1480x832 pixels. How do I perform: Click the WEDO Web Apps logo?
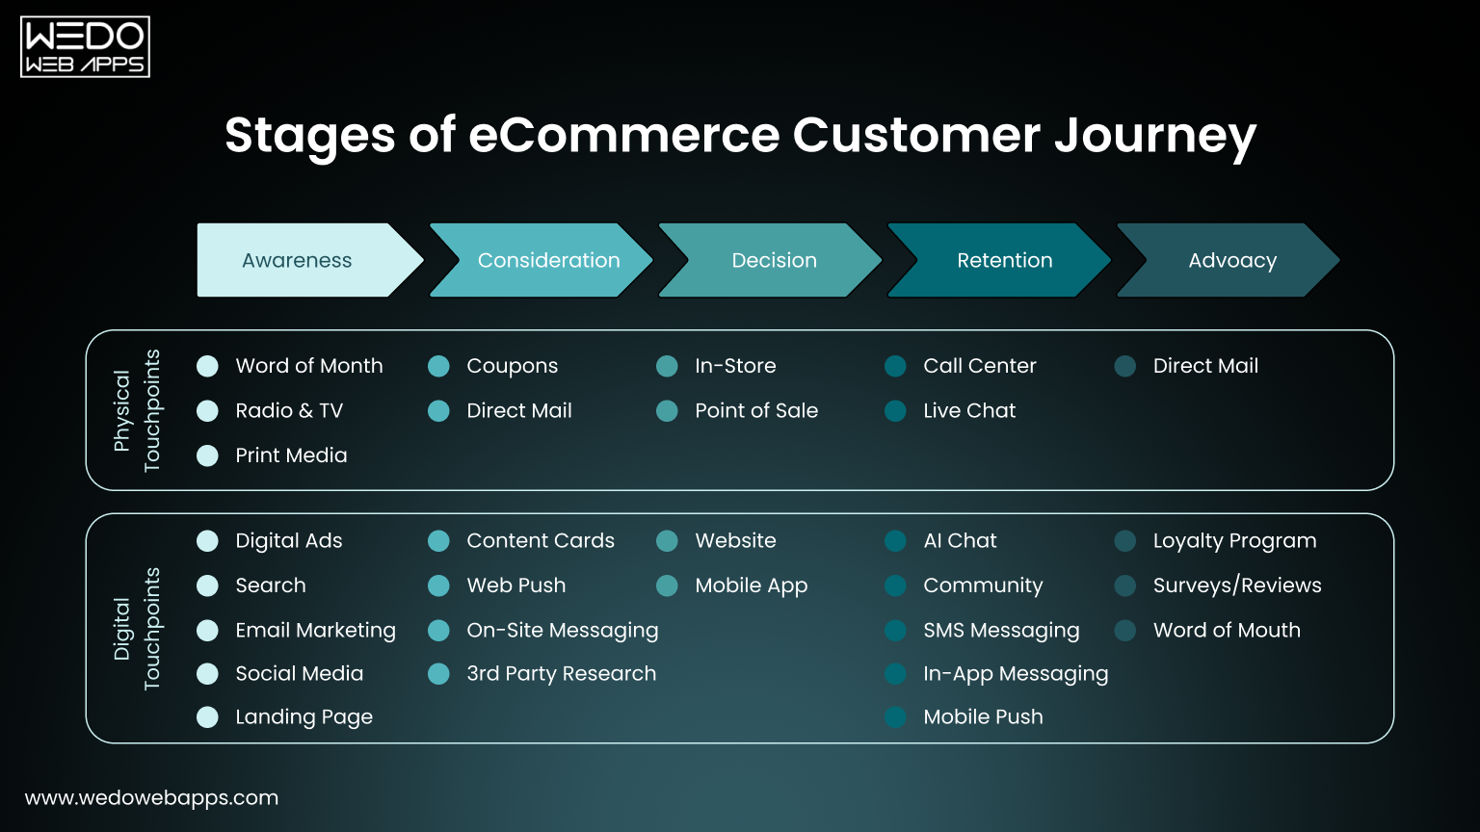pos(85,47)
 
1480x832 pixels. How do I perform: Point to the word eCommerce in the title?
pos(623,135)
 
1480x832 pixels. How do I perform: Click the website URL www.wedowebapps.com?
pos(151,797)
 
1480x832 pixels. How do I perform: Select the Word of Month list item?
pos(308,366)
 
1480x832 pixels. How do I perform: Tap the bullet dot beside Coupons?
pos(438,366)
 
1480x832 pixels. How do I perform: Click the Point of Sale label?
pos(755,410)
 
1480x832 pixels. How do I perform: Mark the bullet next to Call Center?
pos(895,366)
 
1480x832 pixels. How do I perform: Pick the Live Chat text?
pos(968,410)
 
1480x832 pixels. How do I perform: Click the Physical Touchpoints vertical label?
pos(137,410)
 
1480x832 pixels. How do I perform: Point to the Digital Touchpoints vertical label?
pos(137,629)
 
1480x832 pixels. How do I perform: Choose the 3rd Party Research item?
pos(561,673)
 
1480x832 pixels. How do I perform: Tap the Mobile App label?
pos(751,585)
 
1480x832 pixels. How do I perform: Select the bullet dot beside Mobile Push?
pos(895,716)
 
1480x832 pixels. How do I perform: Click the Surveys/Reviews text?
pos(1236,585)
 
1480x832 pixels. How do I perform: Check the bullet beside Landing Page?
pos(207,716)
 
